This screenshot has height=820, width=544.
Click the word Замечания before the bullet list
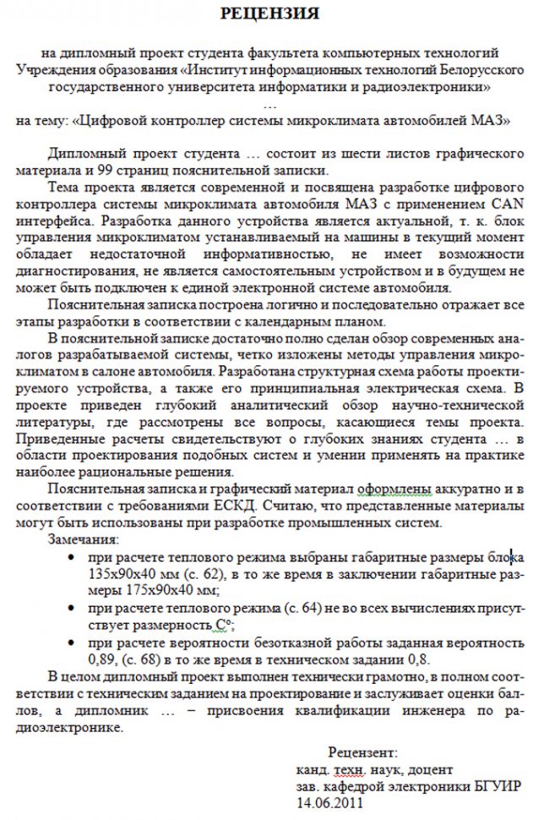click(84, 539)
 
